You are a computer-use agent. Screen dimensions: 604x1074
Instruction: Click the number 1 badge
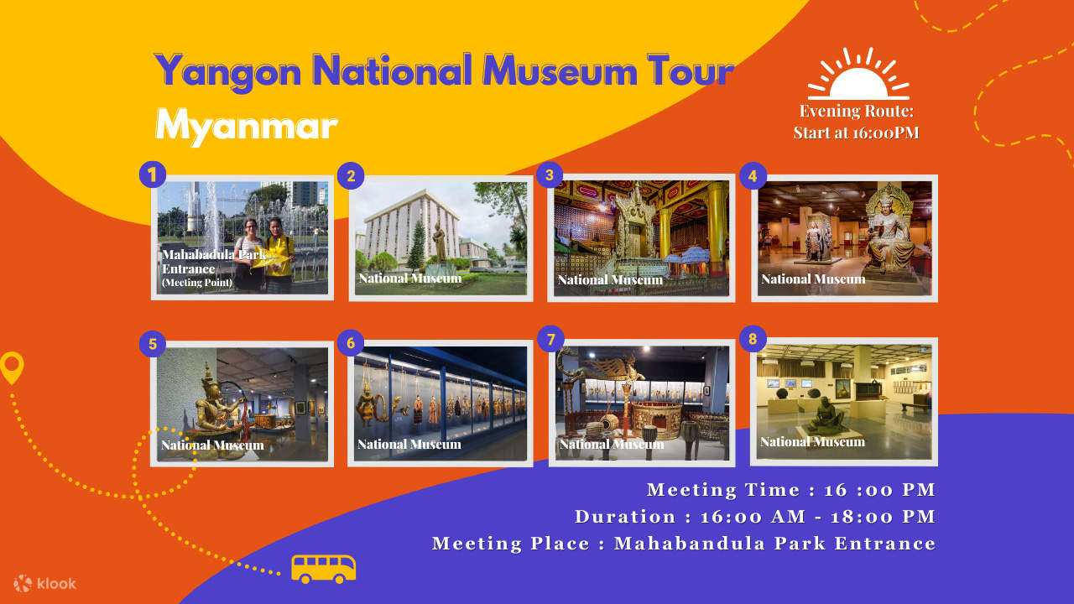tap(152, 174)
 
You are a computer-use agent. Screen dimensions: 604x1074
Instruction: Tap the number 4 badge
tap(753, 176)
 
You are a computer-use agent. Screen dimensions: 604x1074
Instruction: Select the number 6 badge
tap(350, 343)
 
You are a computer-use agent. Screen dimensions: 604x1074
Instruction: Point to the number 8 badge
tap(753, 340)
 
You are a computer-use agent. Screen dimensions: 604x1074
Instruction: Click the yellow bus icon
tap(323, 568)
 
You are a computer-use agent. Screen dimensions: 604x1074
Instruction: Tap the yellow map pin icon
tap(12, 367)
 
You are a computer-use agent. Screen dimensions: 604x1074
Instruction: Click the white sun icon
tap(858, 75)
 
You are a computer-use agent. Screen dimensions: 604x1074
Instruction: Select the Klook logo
tap(45, 583)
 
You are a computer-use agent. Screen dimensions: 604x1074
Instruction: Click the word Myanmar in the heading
tap(247, 126)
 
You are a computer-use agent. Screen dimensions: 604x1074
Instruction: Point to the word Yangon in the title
tap(227, 71)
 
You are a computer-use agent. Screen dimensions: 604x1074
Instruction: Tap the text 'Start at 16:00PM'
tap(856, 133)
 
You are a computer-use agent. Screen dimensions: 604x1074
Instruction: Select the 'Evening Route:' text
tap(856, 111)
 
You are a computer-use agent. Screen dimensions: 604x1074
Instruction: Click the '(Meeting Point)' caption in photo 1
tap(197, 283)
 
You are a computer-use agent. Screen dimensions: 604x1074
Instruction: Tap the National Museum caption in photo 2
tap(410, 278)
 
